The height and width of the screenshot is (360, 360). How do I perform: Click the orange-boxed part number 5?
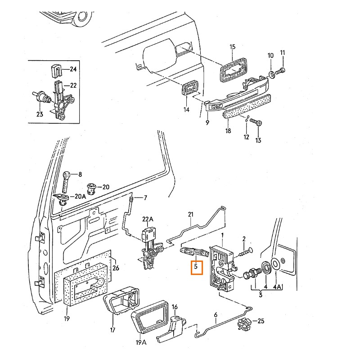[196, 267]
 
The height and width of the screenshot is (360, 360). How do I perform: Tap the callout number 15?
[233, 47]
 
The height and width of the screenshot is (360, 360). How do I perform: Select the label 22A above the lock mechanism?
[148, 219]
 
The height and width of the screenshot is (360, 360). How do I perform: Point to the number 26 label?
[116, 269]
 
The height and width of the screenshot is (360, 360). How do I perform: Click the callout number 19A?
[141, 342]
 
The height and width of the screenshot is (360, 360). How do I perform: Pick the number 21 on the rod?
[190, 215]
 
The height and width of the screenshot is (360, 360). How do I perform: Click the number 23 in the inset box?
[40, 114]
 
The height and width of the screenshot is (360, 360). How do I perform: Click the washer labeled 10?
[271, 73]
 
